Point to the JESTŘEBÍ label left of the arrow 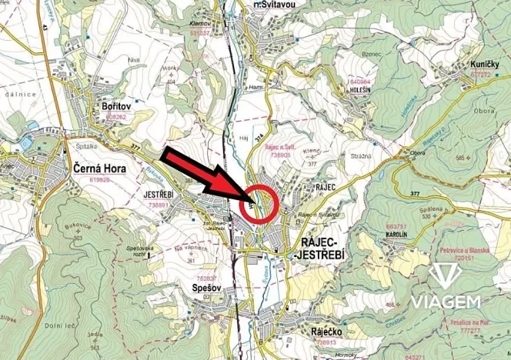161,196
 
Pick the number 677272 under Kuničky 480,75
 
